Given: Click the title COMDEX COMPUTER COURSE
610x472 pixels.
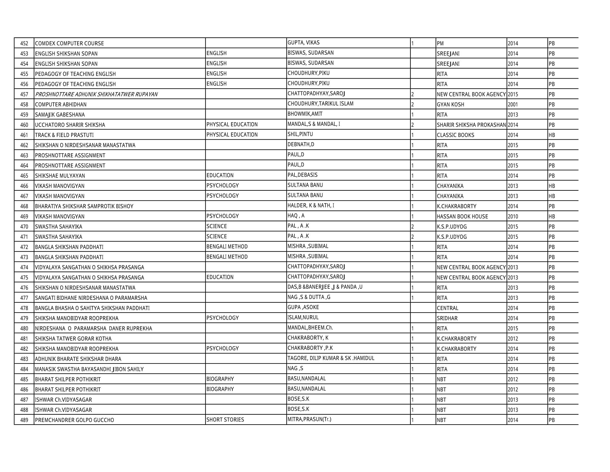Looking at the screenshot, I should [x=69, y=43].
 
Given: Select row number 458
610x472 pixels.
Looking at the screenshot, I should [x=24, y=104].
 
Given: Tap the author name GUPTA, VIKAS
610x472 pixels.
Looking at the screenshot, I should [x=303, y=42].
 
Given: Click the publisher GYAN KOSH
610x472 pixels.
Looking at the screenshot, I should [x=450, y=104].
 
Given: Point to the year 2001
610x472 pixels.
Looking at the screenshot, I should [x=512, y=104].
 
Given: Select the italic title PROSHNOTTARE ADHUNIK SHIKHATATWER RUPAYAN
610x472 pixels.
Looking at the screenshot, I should [x=96, y=94].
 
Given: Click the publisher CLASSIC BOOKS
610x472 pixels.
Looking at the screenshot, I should [x=455, y=135].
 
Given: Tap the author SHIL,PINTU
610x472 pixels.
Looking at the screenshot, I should [x=300, y=134].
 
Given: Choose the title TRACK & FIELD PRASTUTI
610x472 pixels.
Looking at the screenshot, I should [x=64, y=135].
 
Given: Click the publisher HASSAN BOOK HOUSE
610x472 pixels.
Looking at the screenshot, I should [x=462, y=216].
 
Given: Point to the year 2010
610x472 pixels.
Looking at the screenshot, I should [x=512, y=216].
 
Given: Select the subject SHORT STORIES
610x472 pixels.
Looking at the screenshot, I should [x=225, y=420].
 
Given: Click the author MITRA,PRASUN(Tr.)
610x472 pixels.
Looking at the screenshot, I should [x=309, y=419].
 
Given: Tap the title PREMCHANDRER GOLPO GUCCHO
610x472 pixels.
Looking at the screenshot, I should [x=74, y=420].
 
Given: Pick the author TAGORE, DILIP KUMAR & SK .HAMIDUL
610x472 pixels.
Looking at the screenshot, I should [x=331, y=358].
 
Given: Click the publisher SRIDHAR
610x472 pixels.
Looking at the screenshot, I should [x=447, y=318].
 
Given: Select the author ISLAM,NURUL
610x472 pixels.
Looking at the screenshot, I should [x=303, y=317].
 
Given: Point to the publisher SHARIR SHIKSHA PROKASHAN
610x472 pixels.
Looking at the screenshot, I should [x=471, y=125].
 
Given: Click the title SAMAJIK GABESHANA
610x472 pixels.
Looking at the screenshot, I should [x=60, y=114].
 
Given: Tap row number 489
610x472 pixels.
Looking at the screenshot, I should [x=24, y=420].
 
